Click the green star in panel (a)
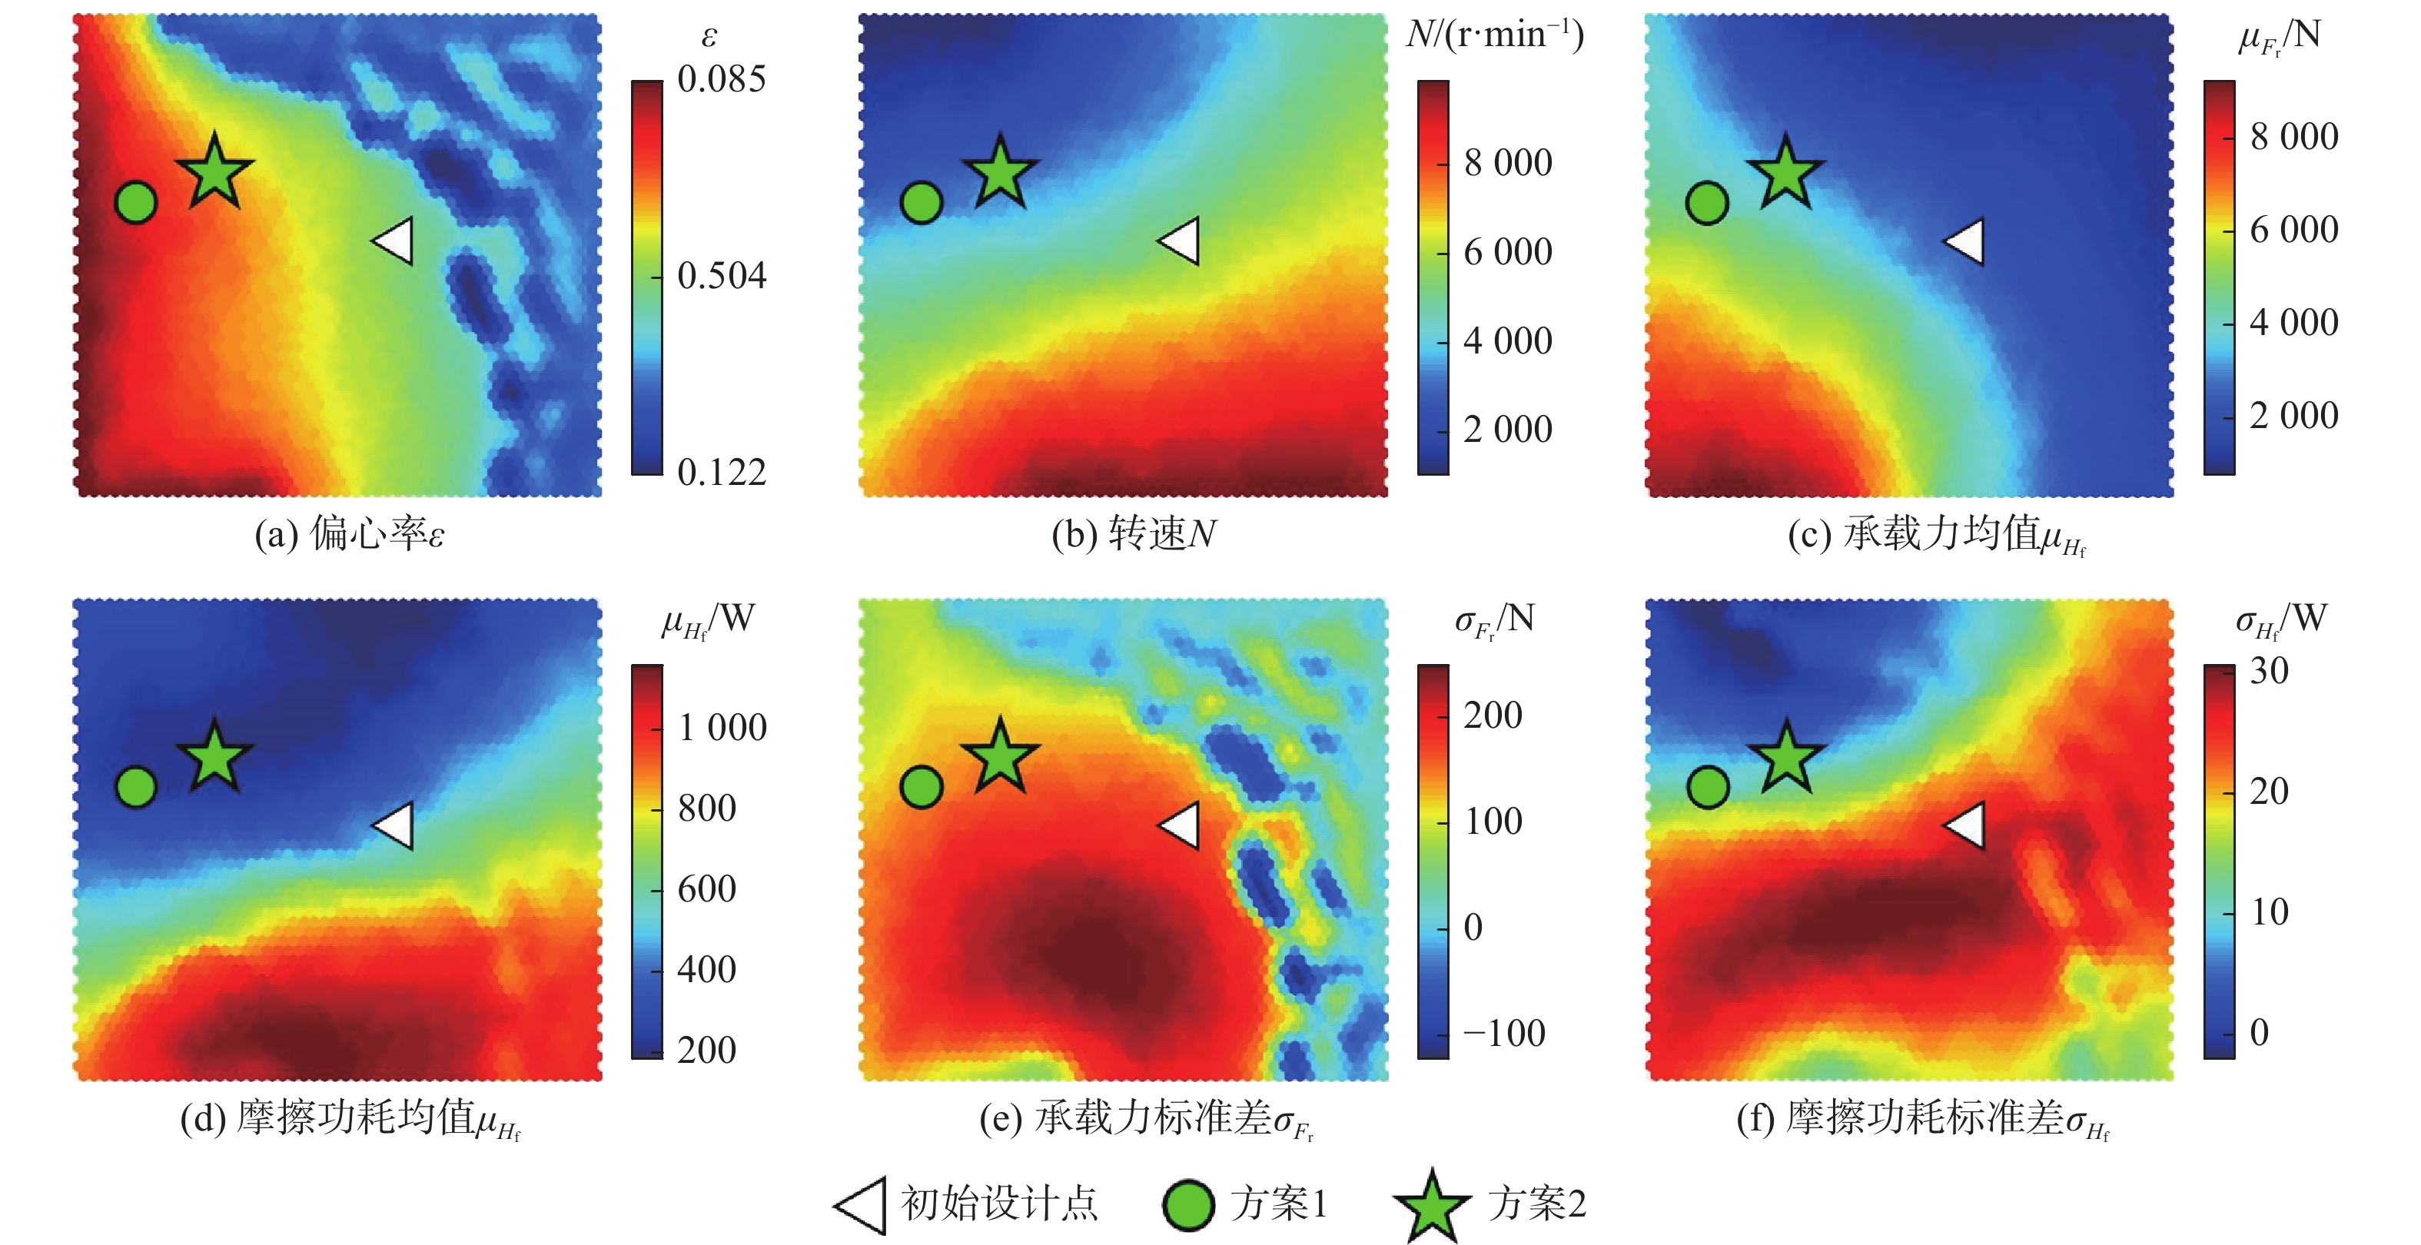pos(215,172)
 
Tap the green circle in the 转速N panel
pos(921,202)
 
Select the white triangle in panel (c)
pos(1966,241)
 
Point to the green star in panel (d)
pos(215,756)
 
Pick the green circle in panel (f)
pos(1708,786)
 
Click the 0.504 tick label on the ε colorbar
pos(722,276)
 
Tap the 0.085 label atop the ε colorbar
pos(722,80)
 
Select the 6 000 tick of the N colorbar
pos(1507,252)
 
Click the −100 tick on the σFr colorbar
pos(1504,1034)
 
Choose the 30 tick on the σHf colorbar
pos(2269,671)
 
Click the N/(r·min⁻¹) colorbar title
pos(1494,35)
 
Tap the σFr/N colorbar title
pos(1494,620)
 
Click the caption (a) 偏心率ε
pos(350,533)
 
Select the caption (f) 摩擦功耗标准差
pos(1922,1119)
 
